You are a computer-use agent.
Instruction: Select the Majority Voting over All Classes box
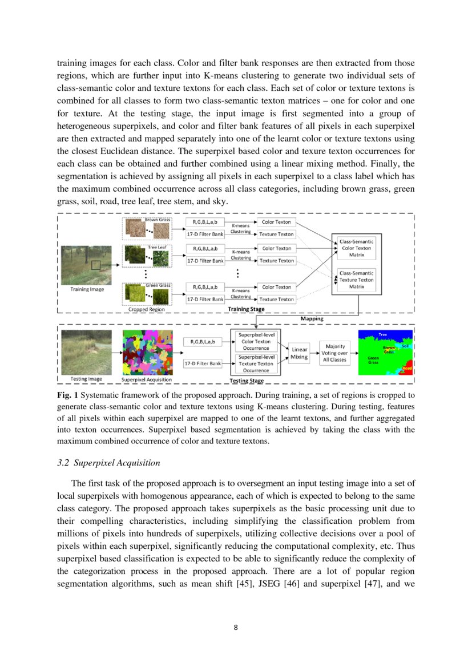(334, 353)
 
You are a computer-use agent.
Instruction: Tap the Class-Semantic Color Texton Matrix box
(356, 248)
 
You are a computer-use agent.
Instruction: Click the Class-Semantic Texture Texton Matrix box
(356, 280)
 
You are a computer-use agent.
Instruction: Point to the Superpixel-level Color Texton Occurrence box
(256, 341)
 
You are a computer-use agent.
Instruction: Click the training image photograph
(87, 265)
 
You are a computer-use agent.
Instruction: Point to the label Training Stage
(246, 309)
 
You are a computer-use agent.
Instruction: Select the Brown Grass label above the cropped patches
(154, 220)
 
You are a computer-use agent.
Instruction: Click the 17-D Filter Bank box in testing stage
(202, 363)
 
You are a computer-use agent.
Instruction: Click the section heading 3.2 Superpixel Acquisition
(108, 462)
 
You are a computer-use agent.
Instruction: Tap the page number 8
(236, 628)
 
